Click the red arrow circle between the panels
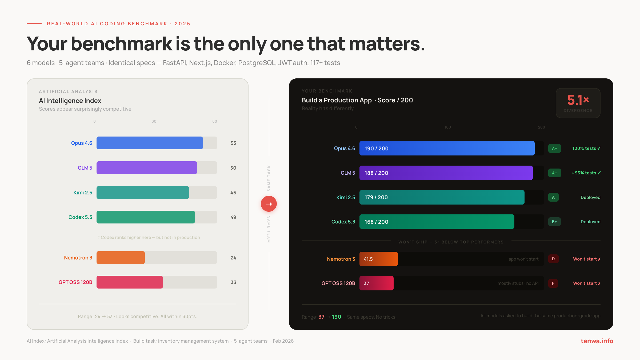pos(269,204)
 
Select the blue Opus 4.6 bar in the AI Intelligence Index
pos(150,143)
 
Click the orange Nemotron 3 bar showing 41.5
pos(378,259)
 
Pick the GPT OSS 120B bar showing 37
pos(376,283)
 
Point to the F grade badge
pos(553,283)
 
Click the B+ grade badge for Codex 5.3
pos(554,222)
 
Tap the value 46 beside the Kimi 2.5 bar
pos(233,193)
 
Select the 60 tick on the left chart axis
pos(214,121)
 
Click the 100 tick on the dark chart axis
pos(448,127)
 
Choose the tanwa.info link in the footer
pos(597,341)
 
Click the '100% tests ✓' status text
pos(586,148)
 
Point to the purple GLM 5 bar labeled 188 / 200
pos(446,173)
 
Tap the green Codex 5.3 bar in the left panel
pos(146,217)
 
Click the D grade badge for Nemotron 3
pos(553,259)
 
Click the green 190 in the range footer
pos(336,317)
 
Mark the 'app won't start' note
pos(523,259)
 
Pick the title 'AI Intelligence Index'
pos(70,101)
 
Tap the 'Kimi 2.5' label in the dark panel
pos(346,197)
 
